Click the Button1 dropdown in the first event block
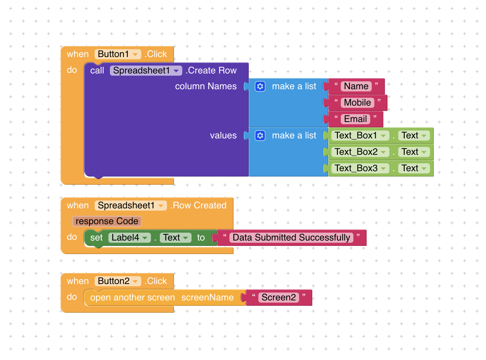tap(118, 54)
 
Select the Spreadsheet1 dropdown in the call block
tap(146, 71)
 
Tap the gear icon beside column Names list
tap(260, 86)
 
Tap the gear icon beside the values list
tap(260, 136)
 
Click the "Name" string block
tap(356, 86)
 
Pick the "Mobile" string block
tap(357, 103)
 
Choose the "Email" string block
tap(355, 119)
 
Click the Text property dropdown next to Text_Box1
tap(414, 136)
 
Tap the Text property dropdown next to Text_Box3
tap(414, 168)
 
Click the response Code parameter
tap(107, 221)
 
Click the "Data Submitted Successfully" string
tap(291, 238)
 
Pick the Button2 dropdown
tap(118, 281)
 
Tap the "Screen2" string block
tap(279, 298)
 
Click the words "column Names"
tap(206, 86)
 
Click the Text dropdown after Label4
tap(176, 238)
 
